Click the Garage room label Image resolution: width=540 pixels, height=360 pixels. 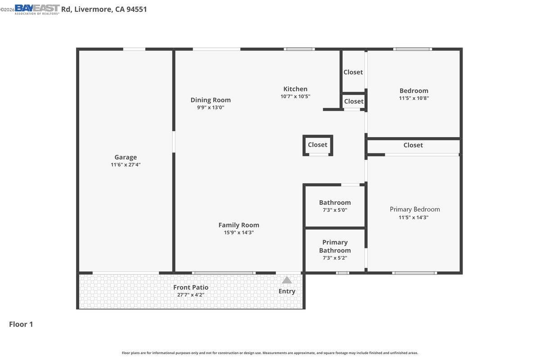click(x=126, y=157)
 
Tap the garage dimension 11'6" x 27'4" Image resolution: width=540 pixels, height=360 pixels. click(x=126, y=165)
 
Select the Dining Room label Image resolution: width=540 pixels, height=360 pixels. click(x=210, y=100)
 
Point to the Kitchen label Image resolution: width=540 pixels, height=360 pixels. click(x=295, y=89)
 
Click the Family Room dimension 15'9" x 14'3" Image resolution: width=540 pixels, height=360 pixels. click(x=238, y=233)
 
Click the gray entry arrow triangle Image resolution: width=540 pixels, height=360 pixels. click(x=287, y=280)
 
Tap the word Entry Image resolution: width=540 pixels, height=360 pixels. click(x=287, y=291)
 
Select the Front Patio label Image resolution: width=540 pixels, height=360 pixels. click(x=191, y=287)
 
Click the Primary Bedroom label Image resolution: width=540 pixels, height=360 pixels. click(x=414, y=209)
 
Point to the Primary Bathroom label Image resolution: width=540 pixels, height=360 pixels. click(x=335, y=246)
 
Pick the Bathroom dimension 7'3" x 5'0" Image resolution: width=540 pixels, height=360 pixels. click(x=335, y=210)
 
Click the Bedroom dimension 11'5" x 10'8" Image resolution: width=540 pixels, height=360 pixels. click(x=414, y=98)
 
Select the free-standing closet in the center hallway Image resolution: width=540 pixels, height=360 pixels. click(x=318, y=145)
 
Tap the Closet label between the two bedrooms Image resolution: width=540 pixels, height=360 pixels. click(x=413, y=145)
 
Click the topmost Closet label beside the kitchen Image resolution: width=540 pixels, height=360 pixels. click(x=353, y=72)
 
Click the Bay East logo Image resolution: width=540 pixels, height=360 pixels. click(x=37, y=9)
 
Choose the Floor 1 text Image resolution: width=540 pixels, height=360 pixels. click(x=21, y=324)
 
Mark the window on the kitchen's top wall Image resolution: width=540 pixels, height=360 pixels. click(x=299, y=49)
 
